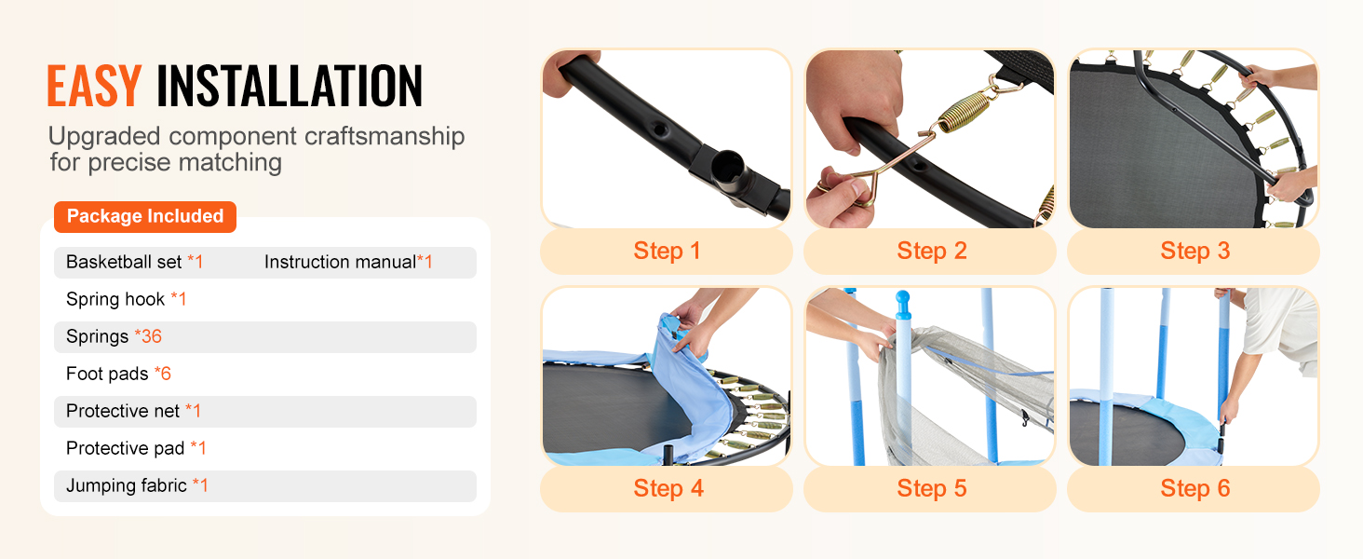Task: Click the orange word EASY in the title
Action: click(x=94, y=86)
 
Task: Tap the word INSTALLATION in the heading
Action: click(x=290, y=86)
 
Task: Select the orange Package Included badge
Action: click(x=145, y=216)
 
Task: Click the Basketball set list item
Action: click(x=134, y=262)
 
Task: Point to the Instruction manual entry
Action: click(x=348, y=262)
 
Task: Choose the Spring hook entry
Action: click(x=126, y=299)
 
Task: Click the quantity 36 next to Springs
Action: click(x=152, y=336)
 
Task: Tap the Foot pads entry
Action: click(x=118, y=374)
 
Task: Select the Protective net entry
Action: click(x=133, y=411)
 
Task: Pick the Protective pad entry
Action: click(x=136, y=448)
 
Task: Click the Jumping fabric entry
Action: click(x=137, y=485)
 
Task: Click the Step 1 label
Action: click(x=667, y=251)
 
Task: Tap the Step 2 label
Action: click(x=932, y=251)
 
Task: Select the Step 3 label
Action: click(x=1195, y=251)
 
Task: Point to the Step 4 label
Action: click(x=668, y=488)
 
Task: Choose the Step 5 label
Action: click(x=932, y=488)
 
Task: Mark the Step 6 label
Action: click(x=1195, y=488)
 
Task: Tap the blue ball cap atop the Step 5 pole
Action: click(x=903, y=301)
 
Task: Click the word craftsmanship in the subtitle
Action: click(x=385, y=136)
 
